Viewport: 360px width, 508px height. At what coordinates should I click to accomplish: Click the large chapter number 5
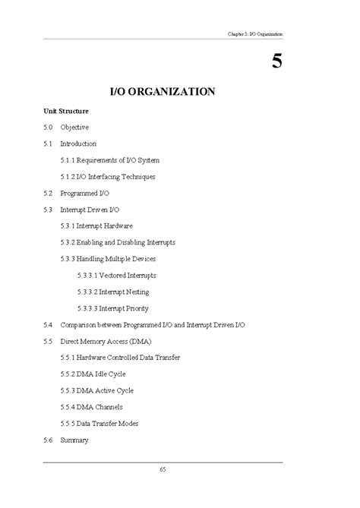tap(277, 61)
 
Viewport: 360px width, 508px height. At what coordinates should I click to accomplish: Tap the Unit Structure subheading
tap(66, 111)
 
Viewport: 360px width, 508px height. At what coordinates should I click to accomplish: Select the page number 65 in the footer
tap(163, 470)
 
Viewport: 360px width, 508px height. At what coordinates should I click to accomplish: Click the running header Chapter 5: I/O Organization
tap(254, 33)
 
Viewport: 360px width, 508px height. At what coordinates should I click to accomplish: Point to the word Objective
tap(74, 128)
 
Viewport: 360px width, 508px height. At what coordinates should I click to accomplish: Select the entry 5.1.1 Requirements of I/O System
tap(109, 160)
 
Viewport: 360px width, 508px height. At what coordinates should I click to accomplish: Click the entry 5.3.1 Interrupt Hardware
tap(96, 226)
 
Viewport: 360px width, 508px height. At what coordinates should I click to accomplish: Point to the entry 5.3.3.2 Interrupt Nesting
tap(112, 292)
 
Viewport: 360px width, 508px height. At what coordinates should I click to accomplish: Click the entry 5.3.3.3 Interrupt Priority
tap(112, 308)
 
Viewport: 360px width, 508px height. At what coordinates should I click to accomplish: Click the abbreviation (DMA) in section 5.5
tap(140, 341)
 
